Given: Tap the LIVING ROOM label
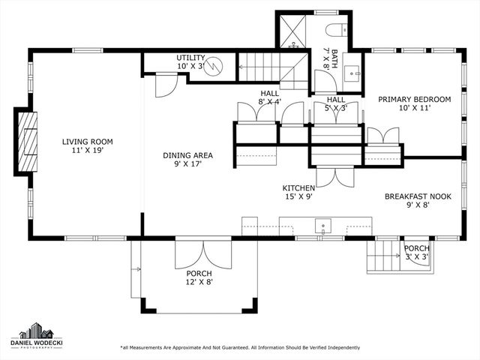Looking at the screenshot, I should point(82,145).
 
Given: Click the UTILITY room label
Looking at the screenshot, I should point(190,62).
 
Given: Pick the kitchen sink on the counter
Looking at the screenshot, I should point(322,224).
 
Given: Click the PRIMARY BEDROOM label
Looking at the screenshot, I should point(414,103).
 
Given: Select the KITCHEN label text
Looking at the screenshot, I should point(298,193).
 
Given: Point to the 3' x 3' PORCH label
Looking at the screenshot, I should point(416,253).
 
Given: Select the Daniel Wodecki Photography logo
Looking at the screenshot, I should point(36,334).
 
